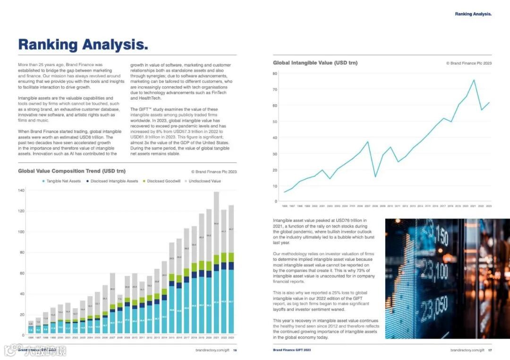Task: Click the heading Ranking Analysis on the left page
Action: click(83, 45)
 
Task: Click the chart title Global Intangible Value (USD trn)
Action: click(315, 63)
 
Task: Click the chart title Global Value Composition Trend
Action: click(72, 171)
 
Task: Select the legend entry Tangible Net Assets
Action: click(63, 181)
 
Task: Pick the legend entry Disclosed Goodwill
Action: click(163, 181)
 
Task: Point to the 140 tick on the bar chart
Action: click(21, 190)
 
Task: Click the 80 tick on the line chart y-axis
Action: click(275, 74)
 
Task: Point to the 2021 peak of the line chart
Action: click(474, 80)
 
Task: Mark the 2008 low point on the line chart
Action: click(375, 177)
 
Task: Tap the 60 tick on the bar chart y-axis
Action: click(22, 273)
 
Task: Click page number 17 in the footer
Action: click(490, 350)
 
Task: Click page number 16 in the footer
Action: click(235, 350)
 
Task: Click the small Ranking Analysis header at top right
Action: click(473, 14)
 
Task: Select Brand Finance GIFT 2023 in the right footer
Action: click(292, 350)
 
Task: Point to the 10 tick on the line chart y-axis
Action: click(275, 186)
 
